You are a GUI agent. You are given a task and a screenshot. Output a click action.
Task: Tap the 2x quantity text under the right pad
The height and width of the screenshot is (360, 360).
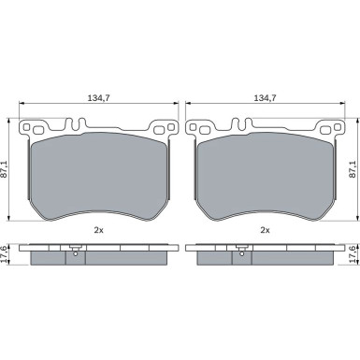click(x=265, y=230)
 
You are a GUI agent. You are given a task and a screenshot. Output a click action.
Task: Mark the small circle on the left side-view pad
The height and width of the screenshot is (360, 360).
click(x=74, y=250)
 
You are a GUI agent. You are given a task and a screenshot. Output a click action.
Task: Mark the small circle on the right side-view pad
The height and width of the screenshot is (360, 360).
click(x=243, y=250)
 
